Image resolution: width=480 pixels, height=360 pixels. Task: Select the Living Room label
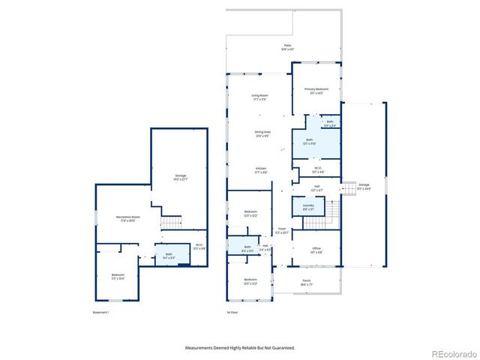[x=259, y=97]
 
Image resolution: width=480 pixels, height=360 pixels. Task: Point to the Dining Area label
[x=262, y=133]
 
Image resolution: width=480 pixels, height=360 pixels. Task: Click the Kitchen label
[x=260, y=169]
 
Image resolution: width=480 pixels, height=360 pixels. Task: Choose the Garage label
[x=364, y=186]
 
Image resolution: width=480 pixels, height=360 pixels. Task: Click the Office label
[x=316, y=250]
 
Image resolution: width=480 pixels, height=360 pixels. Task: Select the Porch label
[x=306, y=283]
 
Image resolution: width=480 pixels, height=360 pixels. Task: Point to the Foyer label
[x=281, y=230]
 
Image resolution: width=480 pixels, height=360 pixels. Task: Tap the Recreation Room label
[x=125, y=218]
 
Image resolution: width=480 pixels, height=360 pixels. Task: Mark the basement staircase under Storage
[x=172, y=223]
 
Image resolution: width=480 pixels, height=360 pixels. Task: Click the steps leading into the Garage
[x=348, y=188]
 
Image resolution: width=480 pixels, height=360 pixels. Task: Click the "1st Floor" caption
[x=232, y=312]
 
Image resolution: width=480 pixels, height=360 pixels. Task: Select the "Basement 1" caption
[x=101, y=312]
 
